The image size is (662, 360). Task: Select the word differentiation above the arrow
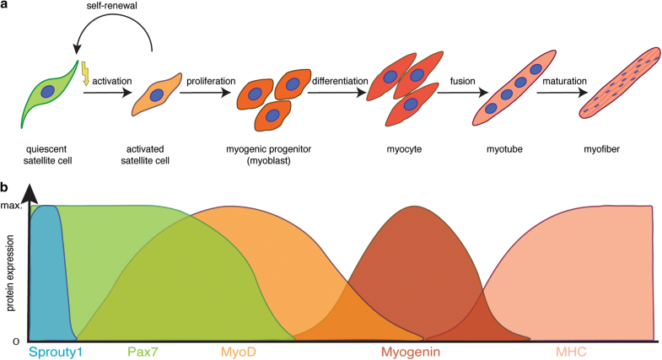pyautogui.click(x=338, y=82)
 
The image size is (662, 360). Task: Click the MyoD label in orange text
pyautogui.click(x=238, y=350)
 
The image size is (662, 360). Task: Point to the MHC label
pyautogui.click(x=570, y=350)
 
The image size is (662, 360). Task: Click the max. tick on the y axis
pyautogui.click(x=12, y=207)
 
